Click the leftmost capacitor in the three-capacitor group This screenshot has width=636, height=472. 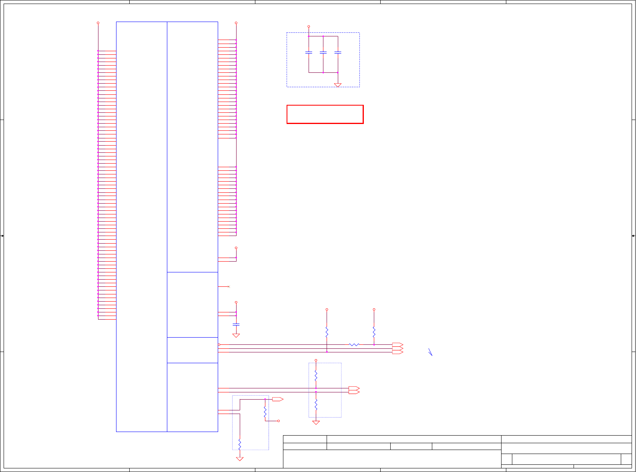pyautogui.click(x=309, y=52)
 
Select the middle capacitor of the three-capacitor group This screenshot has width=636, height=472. pyautogui.click(x=323, y=52)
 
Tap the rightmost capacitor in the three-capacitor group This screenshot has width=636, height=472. pyautogui.click(x=338, y=52)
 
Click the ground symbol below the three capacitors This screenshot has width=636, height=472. pyautogui.click(x=338, y=85)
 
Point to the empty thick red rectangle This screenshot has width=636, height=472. pyautogui.click(x=325, y=114)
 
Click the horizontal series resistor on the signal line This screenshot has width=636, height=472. pyautogui.click(x=354, y=344)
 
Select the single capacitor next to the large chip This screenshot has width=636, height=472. pyautogui.click(x=236, y=324)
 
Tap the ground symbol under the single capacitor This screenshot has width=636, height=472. pyautogui.click(x=236, y=335)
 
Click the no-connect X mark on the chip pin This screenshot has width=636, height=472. pyautogui.click(x=229, y=287)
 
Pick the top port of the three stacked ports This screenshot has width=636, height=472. pyautogui.click(x=397, y=344)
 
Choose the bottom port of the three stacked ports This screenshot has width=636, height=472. pyautogui.click(x=397, y=352)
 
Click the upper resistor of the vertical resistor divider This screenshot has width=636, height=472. pyautogui.click(x=316, y=376)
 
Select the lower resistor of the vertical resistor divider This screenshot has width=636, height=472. pyautogui.click(x=316, y=404)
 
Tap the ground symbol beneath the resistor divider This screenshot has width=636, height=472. pyautogui.click(x=316, y=422)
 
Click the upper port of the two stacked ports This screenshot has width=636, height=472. pyautogui.click(x=354, y=388)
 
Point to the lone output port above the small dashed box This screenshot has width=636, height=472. pyautogui.click(x=278, y=399)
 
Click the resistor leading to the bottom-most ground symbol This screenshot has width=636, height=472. pyautogui.click(x=240, y=444)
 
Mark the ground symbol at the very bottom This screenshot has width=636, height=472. pyautogui.click(x=240, y=459)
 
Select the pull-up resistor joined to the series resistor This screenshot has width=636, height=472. pyautogui.click(x=374, y=332)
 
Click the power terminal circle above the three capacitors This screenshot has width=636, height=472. pyautogui.click(x=309, y=26)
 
